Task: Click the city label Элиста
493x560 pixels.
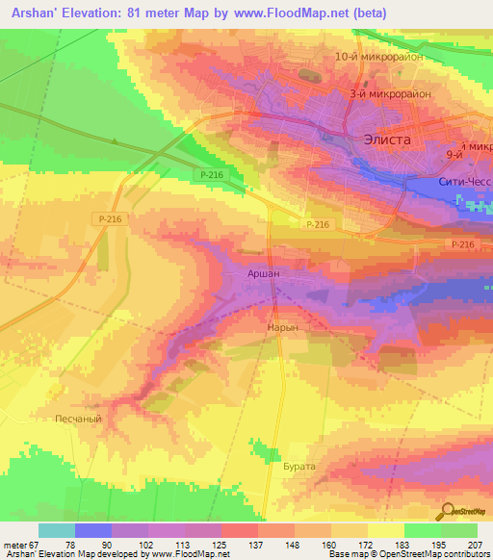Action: click(387, 139)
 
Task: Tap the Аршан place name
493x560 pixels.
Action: click(265, 274)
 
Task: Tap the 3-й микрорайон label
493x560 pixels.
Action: click(390, 94)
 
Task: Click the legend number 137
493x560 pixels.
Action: click(257, 544)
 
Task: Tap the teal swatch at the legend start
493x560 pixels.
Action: click(56, 530)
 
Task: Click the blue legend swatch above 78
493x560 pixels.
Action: click(92, 530)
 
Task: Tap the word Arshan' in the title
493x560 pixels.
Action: click(39, 14)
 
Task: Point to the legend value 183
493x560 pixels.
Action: click(404, 544)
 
